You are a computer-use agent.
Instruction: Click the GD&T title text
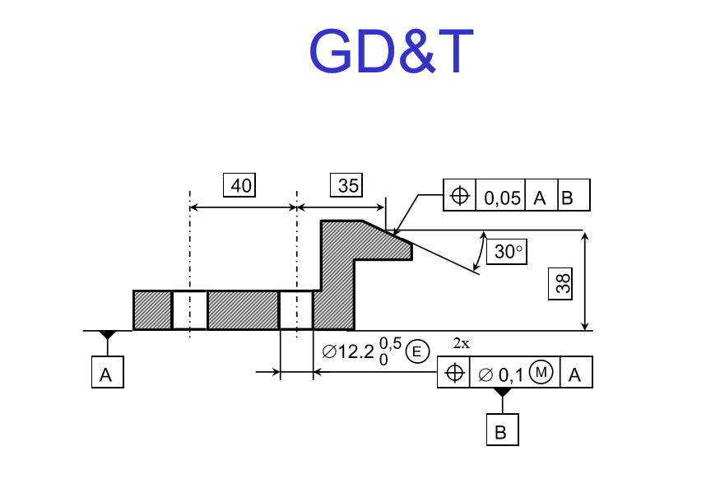(x=391, y=52)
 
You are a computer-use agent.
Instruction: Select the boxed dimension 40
(x=240, y=186)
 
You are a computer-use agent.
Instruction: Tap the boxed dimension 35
(x=348, y=186)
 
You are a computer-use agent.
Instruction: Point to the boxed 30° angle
(x=508, y=252)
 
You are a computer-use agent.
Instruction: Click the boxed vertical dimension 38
(x=563, y=284)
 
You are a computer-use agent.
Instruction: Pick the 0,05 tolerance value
(x=502, y=197)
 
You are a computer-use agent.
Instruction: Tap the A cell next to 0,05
(x=540, y=197)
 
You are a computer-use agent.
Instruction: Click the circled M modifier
(x=541, y=373)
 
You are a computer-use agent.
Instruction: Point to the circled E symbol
(x=417, y=352)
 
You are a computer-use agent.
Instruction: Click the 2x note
(x=462, y=343)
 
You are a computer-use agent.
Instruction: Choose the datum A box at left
(x=106, y=374)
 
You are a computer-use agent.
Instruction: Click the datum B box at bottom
(x=501, y=430)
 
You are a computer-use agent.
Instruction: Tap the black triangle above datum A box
(x=107, y=335)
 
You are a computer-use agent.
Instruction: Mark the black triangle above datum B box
(x=501, y=393)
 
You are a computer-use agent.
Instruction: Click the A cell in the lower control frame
(x=575, y=374)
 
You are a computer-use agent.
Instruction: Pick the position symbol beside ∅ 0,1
(x=453, y=374)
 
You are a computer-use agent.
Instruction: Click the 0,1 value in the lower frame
(x=511, y=374)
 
